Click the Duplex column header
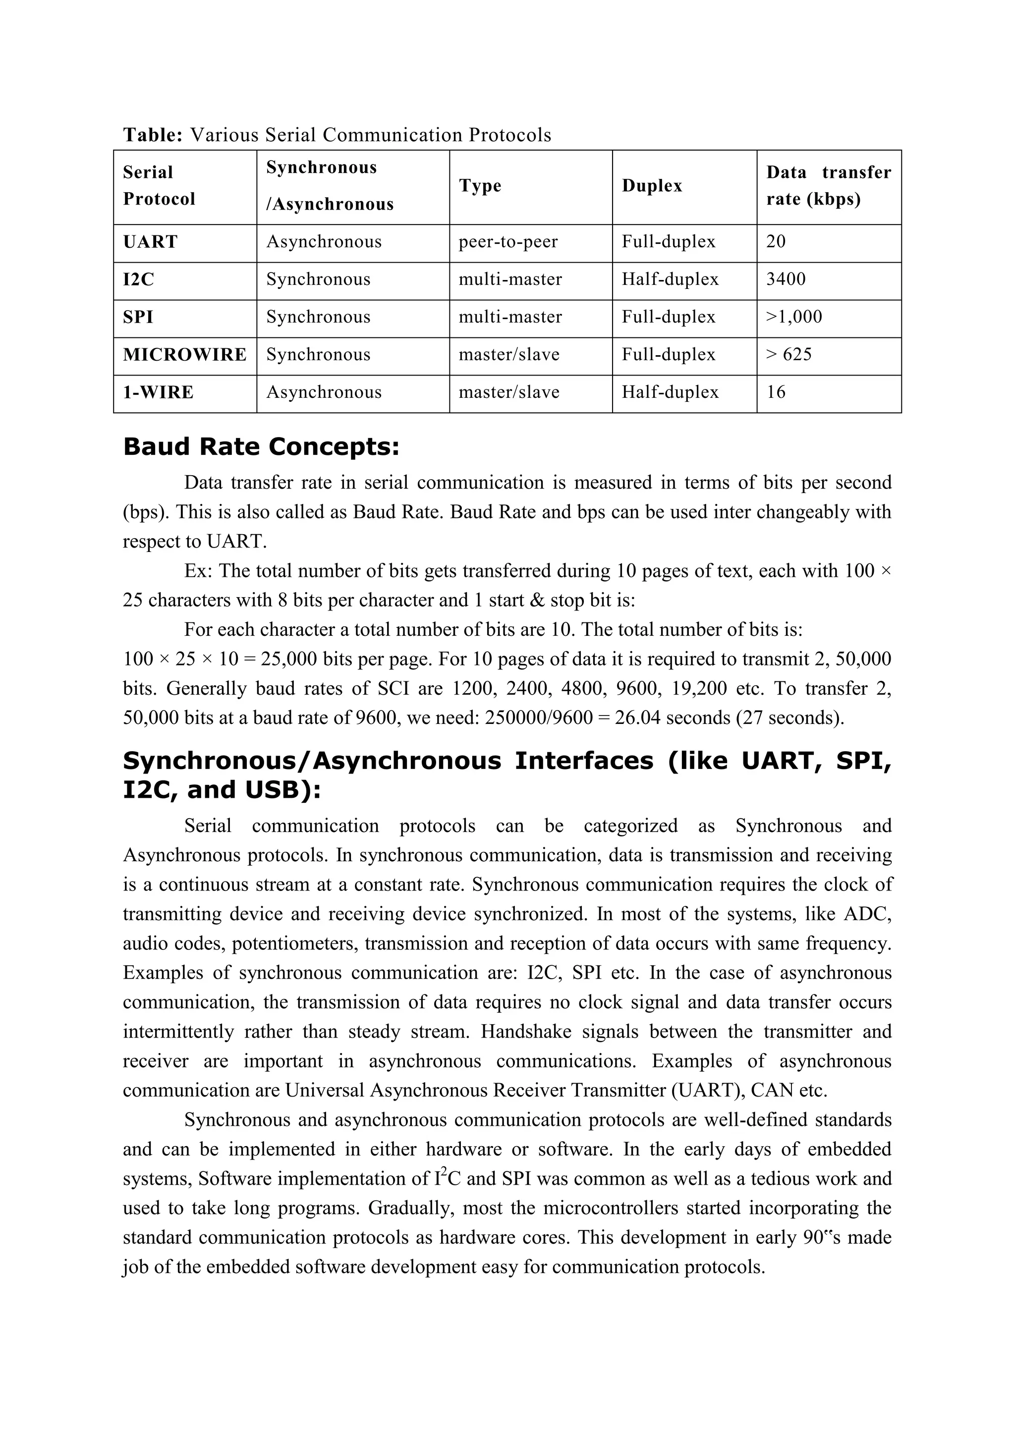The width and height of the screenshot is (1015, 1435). (651, 186)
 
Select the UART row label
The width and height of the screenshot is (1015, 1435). (150, 242)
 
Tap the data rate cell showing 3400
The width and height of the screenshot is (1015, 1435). (786, 279)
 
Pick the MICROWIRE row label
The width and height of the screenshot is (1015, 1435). (184, 355)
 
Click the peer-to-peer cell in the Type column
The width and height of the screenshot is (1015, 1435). (507, 242)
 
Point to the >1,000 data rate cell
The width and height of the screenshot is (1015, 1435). (794, 317)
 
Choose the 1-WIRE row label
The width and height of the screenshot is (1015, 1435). (158, 392)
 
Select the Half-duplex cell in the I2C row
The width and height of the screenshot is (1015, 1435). (670, 279)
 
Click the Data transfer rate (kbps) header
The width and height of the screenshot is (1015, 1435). (828, 186)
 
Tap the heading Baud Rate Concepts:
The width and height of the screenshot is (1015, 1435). (261, 447)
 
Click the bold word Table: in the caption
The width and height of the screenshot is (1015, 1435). (153, 135)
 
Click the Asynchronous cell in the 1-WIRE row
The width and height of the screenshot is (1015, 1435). (323, 392)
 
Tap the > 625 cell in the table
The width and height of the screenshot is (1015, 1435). (789, 355)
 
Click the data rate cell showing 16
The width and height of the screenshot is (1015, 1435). (776, 392)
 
